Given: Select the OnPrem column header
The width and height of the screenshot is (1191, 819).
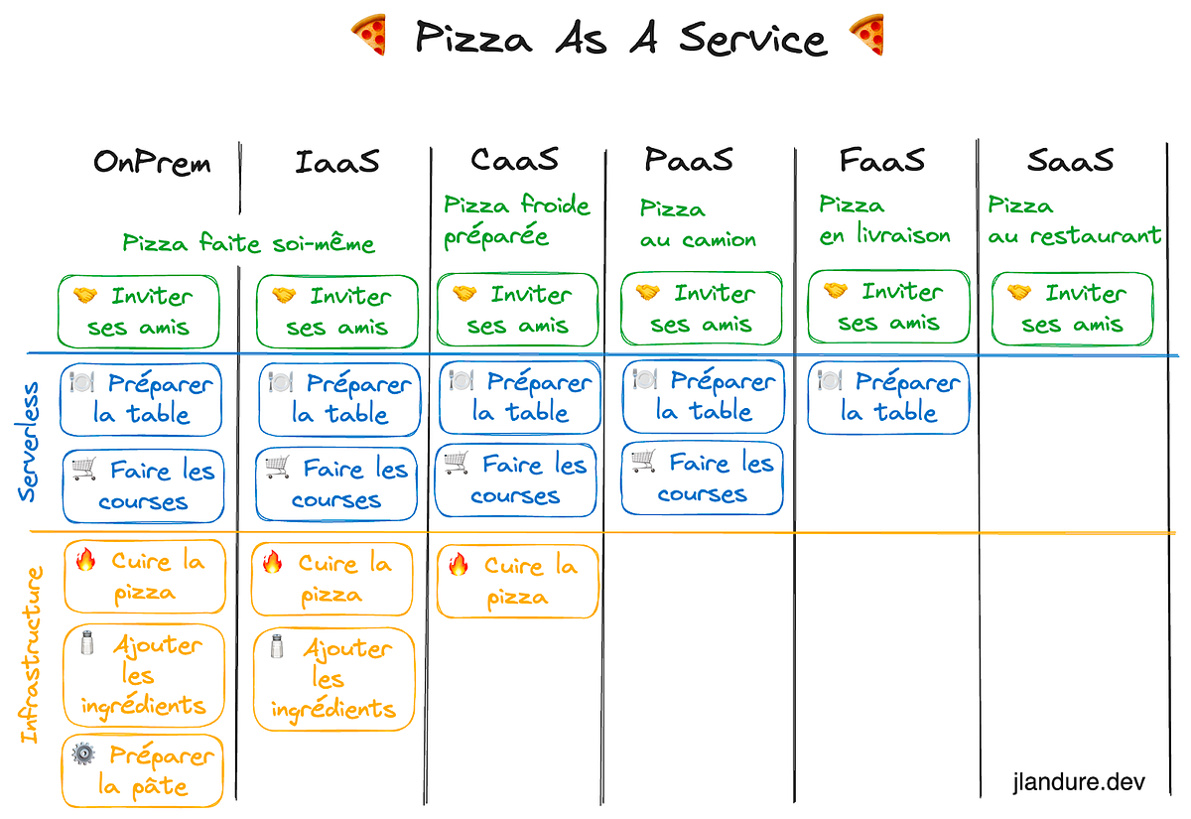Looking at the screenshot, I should (x=152, y=162).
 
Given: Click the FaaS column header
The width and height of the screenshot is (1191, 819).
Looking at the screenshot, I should (x=881, y=159).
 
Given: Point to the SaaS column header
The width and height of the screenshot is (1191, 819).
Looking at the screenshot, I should (x=1070, y=159).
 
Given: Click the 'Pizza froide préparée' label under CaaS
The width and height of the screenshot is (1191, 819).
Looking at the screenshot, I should (x=516, y=221).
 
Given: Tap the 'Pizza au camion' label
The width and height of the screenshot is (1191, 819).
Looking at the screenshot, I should (x=698, y=223).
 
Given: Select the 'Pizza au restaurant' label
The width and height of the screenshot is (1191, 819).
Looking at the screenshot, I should (x=1074, y=220).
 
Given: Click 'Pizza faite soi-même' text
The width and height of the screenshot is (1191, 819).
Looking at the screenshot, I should (x=249, y=242).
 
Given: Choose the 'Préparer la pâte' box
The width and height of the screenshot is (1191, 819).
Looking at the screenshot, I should (x=144, y=771).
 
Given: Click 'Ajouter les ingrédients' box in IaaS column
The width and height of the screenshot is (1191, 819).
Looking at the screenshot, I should (x=333, y=679).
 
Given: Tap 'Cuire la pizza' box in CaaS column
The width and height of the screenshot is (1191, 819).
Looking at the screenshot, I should (x=517, y=581).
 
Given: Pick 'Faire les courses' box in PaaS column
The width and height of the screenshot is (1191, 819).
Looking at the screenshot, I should (x=703, y=478).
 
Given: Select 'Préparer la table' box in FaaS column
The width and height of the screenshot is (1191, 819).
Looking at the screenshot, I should (x=888, y=397).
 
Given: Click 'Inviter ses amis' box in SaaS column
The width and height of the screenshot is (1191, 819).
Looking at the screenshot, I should (x=1073, y=309).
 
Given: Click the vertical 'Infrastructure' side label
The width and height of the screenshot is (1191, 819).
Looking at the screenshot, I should (x=32, y=654).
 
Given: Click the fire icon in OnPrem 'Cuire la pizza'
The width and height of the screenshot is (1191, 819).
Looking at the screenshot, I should (x=85, y=561).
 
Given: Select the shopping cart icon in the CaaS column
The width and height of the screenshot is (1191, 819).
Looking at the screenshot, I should (x=457, y=463).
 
